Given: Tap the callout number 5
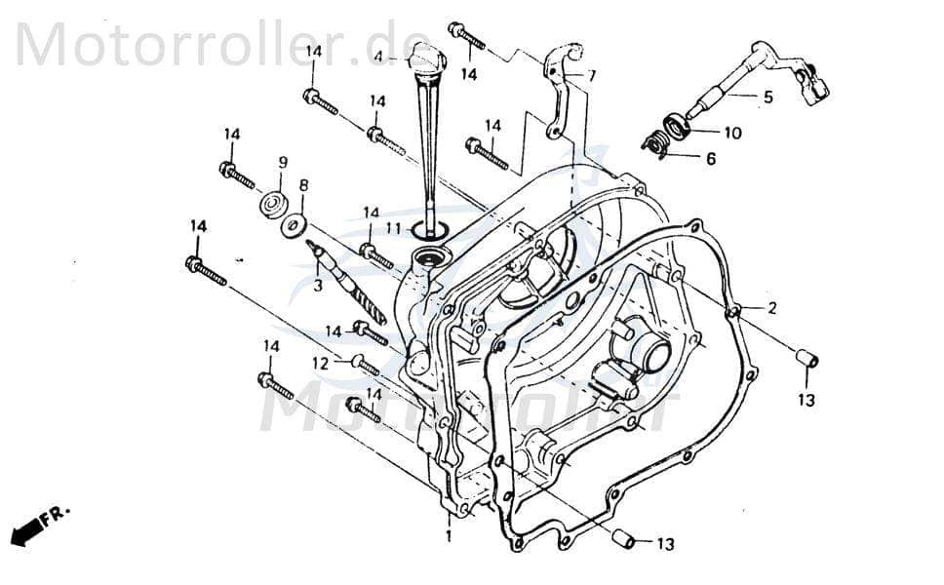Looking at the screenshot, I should (x=767, y=97).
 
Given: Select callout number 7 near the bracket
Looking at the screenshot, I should (x=592, y=75).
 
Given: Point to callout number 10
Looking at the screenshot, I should (x=731, y=133).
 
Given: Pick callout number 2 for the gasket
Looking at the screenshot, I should (x=771, y=308).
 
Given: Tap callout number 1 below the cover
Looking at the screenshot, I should (x=449, y=536).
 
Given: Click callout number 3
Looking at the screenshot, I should (x=317, y=285).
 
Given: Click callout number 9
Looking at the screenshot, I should (x=283, y=162).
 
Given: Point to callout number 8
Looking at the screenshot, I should (x=303, y=184).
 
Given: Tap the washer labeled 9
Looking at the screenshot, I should (x=271, y=206).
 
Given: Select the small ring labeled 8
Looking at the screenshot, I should (x=291, y=226).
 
